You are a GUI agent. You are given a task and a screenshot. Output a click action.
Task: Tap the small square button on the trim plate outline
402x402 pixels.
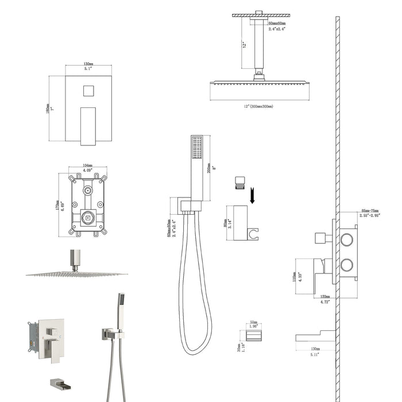[x=88, y=91]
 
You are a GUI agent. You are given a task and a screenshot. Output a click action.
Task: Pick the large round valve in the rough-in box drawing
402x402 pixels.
[x=88, y=217]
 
